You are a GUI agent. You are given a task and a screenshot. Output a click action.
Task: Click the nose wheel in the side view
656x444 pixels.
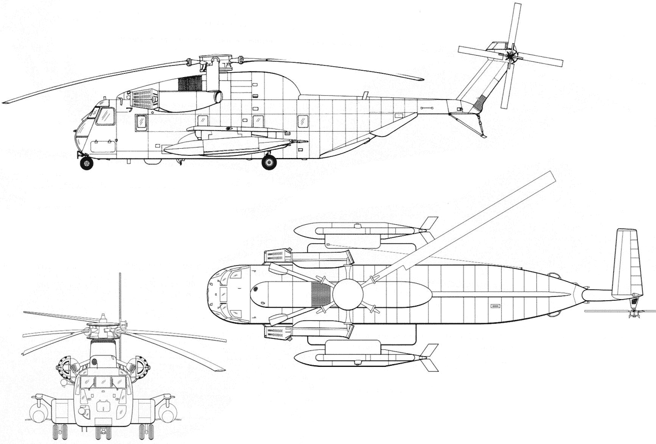(86, 163)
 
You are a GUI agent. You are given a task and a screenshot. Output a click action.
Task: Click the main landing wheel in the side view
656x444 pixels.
(269, 162)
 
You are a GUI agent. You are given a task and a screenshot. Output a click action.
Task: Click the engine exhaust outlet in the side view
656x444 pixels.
(219, 97)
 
